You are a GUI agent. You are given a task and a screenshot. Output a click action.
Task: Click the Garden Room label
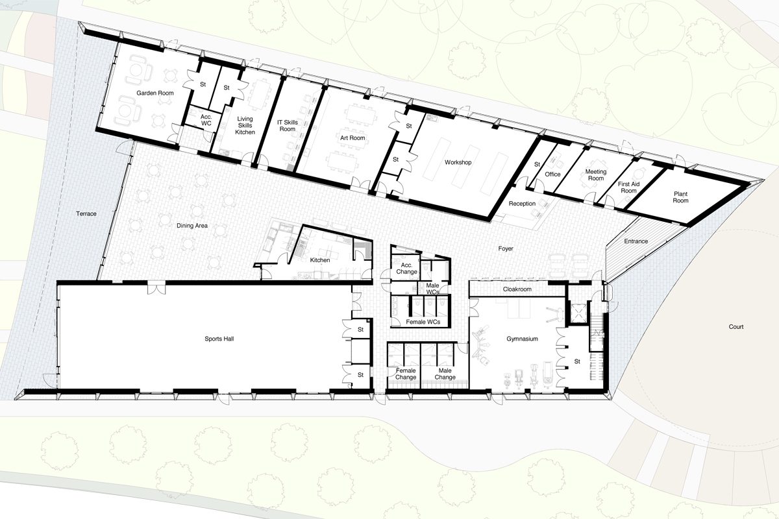point(155,93)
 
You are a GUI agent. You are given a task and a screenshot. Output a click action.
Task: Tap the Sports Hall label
point(219,339)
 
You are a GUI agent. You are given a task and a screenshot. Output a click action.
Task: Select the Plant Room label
point(680,197)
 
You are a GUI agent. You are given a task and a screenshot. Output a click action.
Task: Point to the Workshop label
point(458,162)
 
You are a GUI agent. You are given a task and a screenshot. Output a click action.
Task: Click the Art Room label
point(352,138)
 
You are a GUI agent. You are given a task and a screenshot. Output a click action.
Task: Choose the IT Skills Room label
point(288,126)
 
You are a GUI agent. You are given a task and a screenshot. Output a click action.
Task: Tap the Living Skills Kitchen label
point(245,125)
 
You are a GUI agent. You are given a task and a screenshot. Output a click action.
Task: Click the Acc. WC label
point(206,120)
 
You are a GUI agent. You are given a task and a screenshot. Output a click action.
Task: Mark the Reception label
point(522,204)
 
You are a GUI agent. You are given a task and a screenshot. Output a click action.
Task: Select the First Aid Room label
point(629,187)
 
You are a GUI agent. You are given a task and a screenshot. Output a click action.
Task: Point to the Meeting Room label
point(596,175)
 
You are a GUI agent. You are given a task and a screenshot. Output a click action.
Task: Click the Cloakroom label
point(517,289)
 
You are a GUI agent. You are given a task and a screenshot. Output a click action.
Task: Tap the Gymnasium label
point(523,339)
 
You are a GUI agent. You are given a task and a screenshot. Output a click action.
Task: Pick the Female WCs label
point(423,322)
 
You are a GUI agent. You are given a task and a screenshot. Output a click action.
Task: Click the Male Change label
point(445,374)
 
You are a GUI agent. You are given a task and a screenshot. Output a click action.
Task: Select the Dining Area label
point(192,226)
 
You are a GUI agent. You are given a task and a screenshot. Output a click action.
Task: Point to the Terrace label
point(86,214)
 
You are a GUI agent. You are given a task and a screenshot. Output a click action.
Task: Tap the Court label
point(736,327)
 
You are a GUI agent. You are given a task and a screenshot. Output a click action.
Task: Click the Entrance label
point(636,241)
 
